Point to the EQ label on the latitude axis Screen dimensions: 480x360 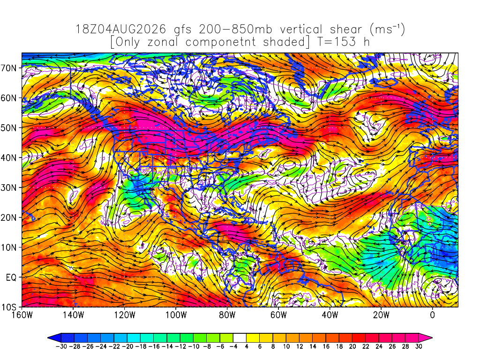[x=11, y=277]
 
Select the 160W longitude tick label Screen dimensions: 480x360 [x=22, y=315]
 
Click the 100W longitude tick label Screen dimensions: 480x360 [x=176, y=315]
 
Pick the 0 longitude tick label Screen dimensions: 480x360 [x=432, y=315]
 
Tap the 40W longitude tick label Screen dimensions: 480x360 [x=330, y=315]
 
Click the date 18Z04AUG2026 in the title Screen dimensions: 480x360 [x=120, y=30]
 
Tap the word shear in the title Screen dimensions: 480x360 [x=345, y=30]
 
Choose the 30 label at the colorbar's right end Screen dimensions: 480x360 [x=419, y=346]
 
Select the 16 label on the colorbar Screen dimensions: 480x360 [x=326, y=346]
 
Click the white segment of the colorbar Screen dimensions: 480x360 [x=240, y=338]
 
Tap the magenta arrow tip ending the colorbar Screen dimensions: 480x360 [x=426, y=338]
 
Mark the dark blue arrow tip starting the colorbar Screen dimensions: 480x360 [x=54, y=338]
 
